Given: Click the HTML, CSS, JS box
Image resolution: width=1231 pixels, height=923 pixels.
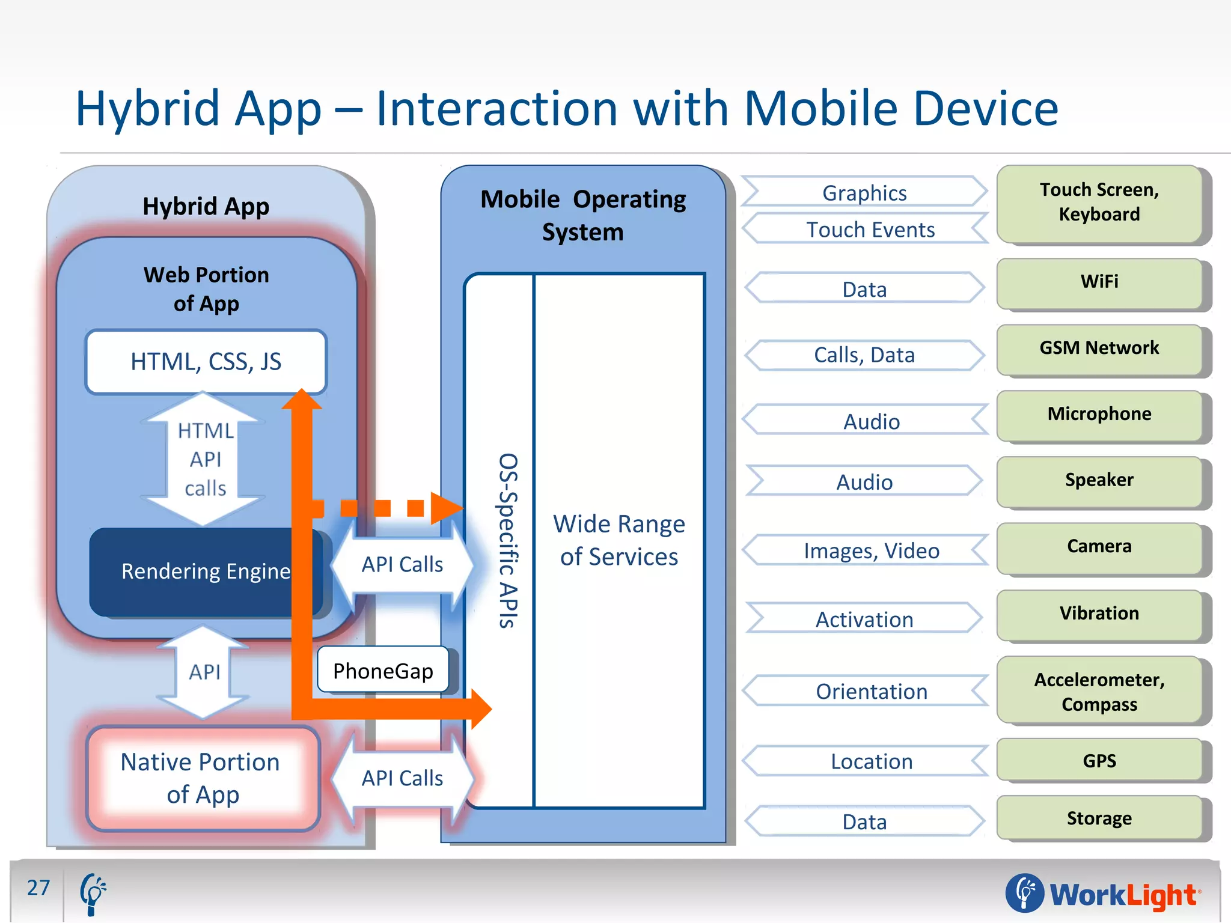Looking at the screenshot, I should pyautogui.click(x=206, y=362).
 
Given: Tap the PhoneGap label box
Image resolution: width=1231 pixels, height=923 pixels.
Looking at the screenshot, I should pyautogui.click(x=383, y=671).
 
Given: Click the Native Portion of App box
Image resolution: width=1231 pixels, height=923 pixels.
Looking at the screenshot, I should pyautogui.click(x=201, y=778).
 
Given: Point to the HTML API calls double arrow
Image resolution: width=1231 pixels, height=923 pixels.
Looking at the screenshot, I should pyautogui.click(x=204, y=459).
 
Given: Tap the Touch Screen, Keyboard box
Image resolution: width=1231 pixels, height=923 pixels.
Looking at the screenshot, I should pyautogui.click(x=1099, y=203).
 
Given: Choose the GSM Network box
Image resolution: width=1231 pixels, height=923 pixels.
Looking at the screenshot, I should pyautogui.click(x=1099, y=348).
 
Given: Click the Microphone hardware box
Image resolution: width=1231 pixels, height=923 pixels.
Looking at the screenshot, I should pyautogui.click(x=1099, y=414).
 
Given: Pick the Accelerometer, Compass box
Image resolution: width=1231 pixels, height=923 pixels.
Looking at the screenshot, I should pyautogui.click(x=1099, y=692).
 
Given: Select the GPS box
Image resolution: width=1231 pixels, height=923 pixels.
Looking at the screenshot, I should pyautogui.click(x=1099, y=761).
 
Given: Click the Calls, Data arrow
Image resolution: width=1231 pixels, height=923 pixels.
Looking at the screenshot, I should pyautogui.click(x=864, y=355).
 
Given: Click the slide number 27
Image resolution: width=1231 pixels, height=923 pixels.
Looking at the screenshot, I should pyautogui.click(x=38, y=888).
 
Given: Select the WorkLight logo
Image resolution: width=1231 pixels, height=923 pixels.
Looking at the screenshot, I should pyautogui.click(x=1104, y=894).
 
